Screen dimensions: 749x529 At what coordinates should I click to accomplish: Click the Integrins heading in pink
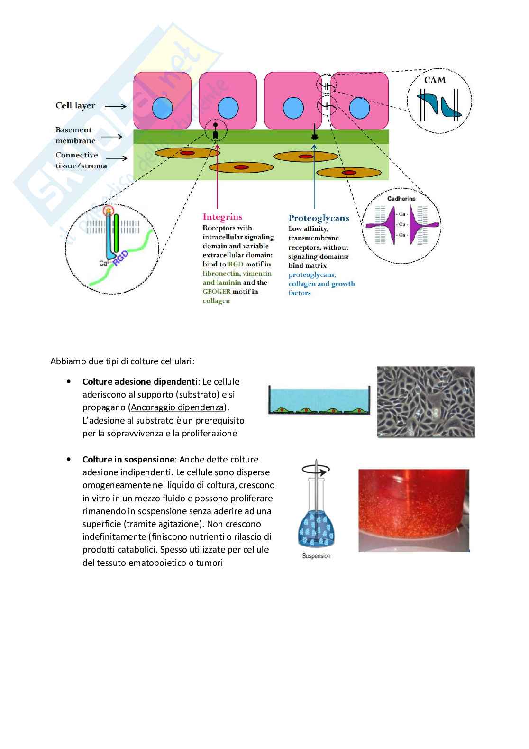pos(222,217)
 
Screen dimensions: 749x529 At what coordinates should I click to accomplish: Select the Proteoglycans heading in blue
pos(319,218)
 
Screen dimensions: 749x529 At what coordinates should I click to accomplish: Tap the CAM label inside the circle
pos(435,80)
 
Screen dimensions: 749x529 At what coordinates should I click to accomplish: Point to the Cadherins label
pos(401,199)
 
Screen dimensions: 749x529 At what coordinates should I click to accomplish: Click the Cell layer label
pos(75,106)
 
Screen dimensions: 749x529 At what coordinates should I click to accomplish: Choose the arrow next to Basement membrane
pos(112,137)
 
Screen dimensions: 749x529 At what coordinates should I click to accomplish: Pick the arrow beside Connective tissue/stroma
pos(118,158)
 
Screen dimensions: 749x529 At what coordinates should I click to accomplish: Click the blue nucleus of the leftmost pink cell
pos(162,108)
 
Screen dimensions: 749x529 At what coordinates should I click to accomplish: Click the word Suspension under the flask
pos(316,556)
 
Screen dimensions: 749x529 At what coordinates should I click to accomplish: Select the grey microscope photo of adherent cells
pos(426,402)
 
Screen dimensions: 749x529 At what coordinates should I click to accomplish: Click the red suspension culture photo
pos(413,510)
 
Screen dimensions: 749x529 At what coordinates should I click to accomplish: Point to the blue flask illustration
pos(316,527)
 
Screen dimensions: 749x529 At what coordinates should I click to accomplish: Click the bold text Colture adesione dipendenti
pos(140,382)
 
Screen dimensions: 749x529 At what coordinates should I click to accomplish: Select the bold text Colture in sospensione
pos(128,460)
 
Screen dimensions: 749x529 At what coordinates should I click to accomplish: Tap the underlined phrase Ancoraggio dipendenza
pos(177,407)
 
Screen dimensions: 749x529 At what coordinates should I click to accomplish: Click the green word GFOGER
pos(217,292)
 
